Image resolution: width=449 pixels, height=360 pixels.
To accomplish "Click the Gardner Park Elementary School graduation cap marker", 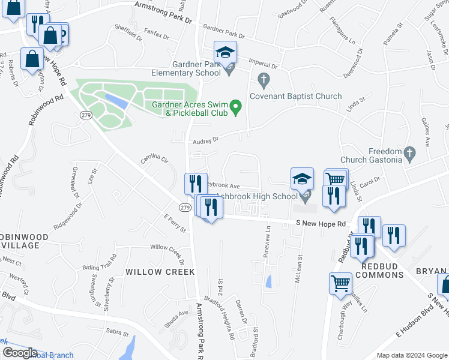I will (x=225, y=53).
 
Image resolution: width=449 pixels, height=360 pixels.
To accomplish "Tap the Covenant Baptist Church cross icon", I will (x=262, y=79).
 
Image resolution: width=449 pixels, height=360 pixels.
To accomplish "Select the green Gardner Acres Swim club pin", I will (x=236, y=108).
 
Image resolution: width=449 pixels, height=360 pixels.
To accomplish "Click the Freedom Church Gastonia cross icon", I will (x=410, y=152).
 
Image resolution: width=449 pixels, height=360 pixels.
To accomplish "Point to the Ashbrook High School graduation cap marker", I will (x=302, y=179).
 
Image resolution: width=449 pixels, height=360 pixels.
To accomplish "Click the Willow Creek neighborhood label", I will (x=160, y=272).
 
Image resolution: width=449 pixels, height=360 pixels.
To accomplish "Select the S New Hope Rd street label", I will (x=321, y=224).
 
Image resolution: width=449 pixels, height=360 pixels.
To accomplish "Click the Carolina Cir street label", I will (x=153, y=160).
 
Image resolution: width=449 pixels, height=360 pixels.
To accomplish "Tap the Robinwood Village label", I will (x=19, y=241).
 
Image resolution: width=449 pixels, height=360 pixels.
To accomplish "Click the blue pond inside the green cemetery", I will (x=115, y=100).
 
